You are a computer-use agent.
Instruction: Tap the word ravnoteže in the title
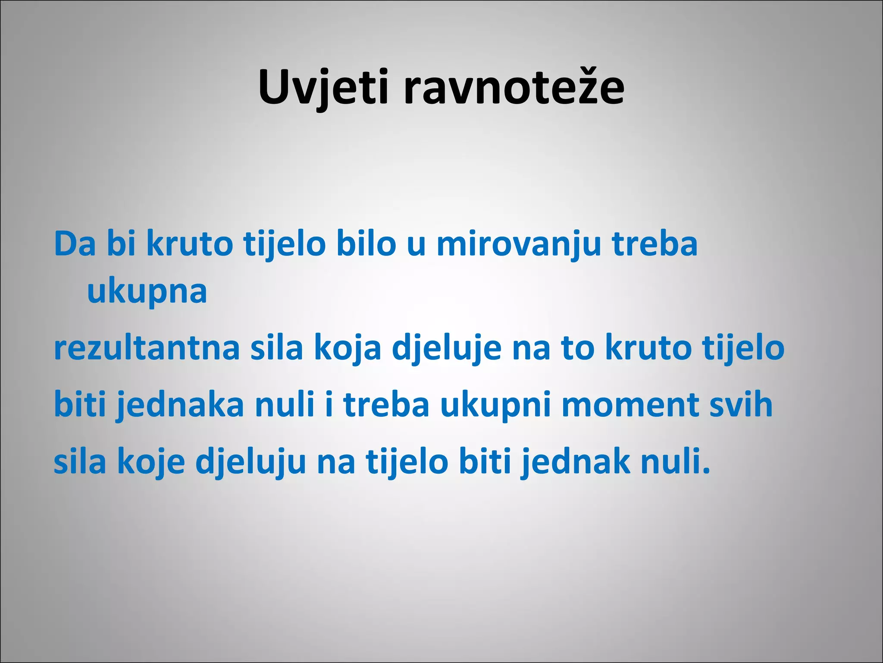(514, 88)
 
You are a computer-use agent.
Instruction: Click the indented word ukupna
(147, 292)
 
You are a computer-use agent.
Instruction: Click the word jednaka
(181, 405)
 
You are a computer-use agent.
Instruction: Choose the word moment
(630, 405)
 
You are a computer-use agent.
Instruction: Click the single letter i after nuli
(329, 405)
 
